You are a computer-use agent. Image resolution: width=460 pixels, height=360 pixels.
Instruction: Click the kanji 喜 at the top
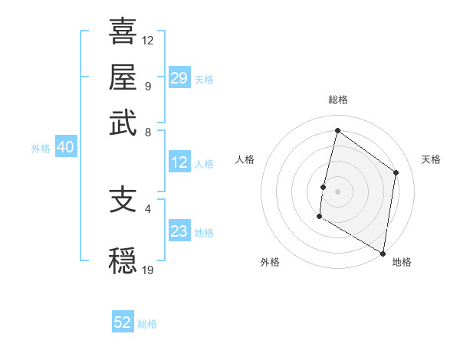123,33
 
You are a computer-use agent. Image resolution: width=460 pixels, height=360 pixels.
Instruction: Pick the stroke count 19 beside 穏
148,269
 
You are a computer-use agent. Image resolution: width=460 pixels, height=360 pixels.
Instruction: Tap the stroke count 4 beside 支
148,208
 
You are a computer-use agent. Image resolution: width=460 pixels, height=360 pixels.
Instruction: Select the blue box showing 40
65,147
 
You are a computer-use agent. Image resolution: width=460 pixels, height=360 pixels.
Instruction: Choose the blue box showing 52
123,322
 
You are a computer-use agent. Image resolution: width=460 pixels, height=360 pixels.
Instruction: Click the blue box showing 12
179,162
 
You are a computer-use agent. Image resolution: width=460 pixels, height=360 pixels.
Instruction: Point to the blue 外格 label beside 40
41,149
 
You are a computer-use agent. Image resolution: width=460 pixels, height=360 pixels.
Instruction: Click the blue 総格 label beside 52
147,324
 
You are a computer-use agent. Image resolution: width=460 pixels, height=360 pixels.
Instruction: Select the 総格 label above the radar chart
337,100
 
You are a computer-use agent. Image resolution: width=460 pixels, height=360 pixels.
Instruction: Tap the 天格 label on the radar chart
431,159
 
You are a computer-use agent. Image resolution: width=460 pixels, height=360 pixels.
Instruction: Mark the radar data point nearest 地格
383,253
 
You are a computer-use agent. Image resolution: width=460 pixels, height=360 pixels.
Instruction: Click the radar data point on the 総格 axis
337,131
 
